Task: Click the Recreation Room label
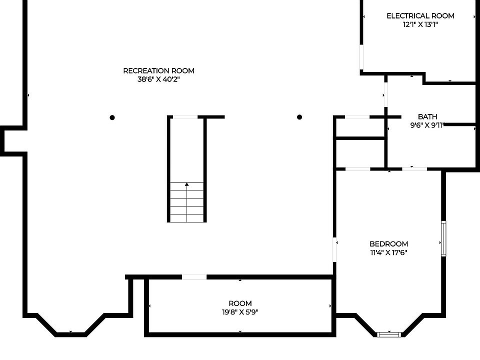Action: pyautogui.click(x=158, y=70)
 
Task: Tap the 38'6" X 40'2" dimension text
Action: pyautogui.click(x=158, y=79)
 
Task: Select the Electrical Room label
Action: pyautogui.click(x=420, y=16)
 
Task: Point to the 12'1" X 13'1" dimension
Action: pyautogui.click(x=420, y=24)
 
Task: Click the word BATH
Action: pyautogui.click(x=427, y=116)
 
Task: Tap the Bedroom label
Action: pyautogui.click(x=389, y=244)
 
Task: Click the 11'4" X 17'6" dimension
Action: pyautogui.click(x=389, y=252)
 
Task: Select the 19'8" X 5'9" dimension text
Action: pyautogui.click(x=240, y=312)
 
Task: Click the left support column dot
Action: pyautogui.click(x=112, y=117)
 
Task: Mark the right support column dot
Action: pyautogui.click(x=299, y=117)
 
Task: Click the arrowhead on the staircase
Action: pyautogui.click(x=186, y=184)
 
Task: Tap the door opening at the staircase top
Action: pyautogui.click(x=185, y=117)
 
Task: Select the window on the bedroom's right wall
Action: pyautogui.click(x=443, y=238)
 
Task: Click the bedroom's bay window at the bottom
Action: pyautogui.click(x=389, y=334)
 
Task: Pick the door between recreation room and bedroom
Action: pyautogui.click(x=334, y=249)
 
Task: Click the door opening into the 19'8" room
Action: pyautogui.click(x=194, y=277)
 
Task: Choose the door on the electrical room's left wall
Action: pyautogui.click(x=361, y=57)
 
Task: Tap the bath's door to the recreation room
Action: pyautogui.click(x=385, y=94)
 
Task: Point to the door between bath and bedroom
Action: pyautogui.click(x=414, y=169)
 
